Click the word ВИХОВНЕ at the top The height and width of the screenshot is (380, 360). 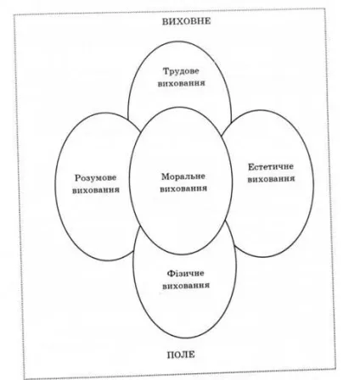coord(186,21)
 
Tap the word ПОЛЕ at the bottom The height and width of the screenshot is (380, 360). coord(181,355)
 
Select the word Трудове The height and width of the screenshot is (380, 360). coord(181,71)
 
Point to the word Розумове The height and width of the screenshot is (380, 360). coord(96,178)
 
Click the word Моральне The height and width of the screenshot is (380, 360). coord(183,176)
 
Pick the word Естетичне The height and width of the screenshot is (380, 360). coord(271,167)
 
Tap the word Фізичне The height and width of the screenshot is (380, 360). coord(185,273)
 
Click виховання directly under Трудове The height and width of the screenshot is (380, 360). coord(181,83)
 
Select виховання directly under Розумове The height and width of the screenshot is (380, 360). coord(96,190)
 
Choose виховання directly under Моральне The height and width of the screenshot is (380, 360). coord(183,188)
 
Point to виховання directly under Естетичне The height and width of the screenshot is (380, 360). coord(271,179)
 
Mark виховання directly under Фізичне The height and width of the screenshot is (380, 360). coord(186,286)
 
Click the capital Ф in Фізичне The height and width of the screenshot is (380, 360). coord(170,273)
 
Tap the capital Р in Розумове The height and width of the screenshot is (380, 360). coord(78,178)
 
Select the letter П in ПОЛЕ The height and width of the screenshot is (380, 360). coord(171,355)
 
